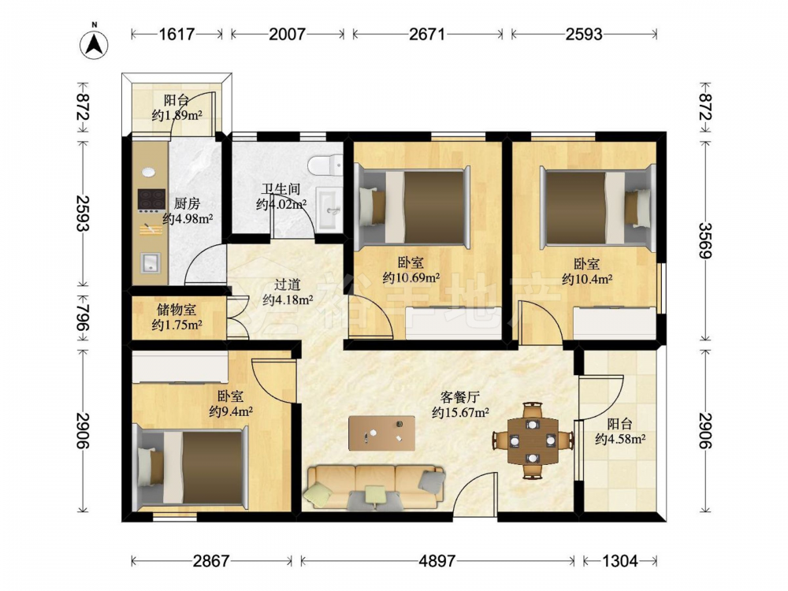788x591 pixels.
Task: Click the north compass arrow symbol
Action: [x=95, y=45]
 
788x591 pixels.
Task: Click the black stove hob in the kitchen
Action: [x=152, y=199]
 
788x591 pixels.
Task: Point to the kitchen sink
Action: [x=151, y=262]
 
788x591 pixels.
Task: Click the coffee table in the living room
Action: [x=382, y=433]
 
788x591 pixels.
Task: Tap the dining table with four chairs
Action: [x=533, y=440]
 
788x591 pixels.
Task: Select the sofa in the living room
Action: [x=374, y=486]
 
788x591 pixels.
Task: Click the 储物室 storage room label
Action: [x=177, y=310]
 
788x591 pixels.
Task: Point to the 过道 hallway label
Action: [x=288, y=284]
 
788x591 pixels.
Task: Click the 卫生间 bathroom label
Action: [x=281, y=189]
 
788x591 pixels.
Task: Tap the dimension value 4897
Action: [x=437, y=560]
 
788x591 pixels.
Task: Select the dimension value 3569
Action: [x=705, y=240]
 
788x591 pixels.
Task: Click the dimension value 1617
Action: [x=177, y=34]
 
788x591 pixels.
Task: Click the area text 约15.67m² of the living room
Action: [x=461, y=413]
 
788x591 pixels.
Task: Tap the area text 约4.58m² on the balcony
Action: [x=620, y=439]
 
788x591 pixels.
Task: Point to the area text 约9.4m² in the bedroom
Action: [x=231, y=411]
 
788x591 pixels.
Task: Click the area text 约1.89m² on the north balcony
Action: [x=177, y=115]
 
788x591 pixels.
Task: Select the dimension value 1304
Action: [x=619, y=560]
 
